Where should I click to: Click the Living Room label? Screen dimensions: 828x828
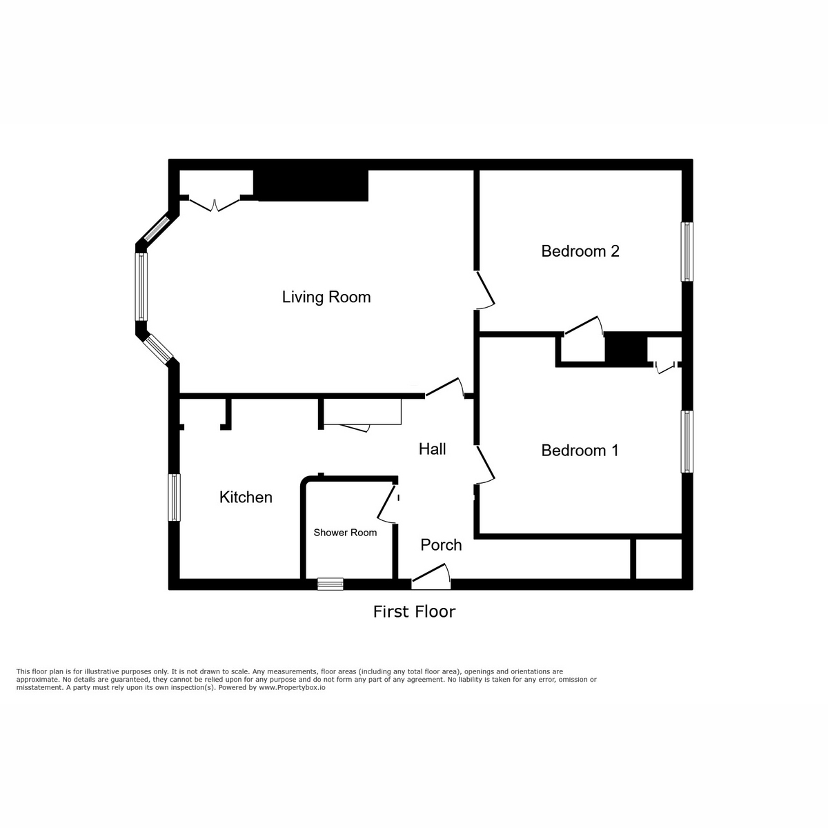(x=326, y=297)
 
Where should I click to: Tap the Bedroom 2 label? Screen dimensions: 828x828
(x=580, y=251)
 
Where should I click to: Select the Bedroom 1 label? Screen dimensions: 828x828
(x=580, y=451)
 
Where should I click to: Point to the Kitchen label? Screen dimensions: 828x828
(x=246, y=497)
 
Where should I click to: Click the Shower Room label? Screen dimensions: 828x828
(x=345, y=533)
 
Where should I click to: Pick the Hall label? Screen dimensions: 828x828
(x=433, y=449)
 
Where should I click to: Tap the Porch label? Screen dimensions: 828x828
(x=441, y=545)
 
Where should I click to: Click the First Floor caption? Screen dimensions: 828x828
(x=414, y=611)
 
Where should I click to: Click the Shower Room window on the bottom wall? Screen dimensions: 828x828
(x=330, y=584)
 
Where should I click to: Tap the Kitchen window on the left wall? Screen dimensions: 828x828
(x=175, y=497)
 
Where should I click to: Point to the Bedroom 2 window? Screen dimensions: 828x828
(x=687, y=252)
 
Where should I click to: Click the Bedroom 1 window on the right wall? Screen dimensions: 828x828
(x=687, y=442)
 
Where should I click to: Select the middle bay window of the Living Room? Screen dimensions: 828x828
(x=141, y=286)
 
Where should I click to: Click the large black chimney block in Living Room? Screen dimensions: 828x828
(x=311, y=186)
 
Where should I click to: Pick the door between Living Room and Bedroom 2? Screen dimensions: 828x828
(x=485, y=290)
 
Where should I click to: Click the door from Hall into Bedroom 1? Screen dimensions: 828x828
(x=485, y=464)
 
